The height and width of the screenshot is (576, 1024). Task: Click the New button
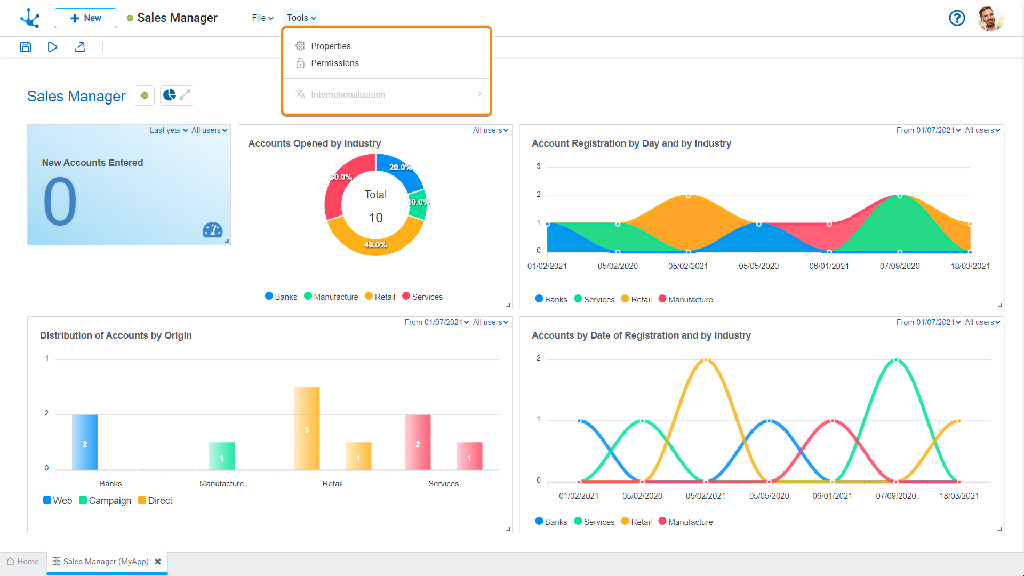[85, 18]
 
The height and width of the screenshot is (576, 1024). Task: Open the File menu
[262, 18]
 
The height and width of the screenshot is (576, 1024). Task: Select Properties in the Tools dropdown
[331, 46]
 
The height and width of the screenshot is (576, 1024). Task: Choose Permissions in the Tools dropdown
[334, 63]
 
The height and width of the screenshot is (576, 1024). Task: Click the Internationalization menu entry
[348, 95]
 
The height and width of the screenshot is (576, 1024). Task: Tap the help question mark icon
[957, 18]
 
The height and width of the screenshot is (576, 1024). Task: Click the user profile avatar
[991, 18]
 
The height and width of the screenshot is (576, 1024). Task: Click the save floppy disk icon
[26, 47]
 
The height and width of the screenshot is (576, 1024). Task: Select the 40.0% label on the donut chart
[375, 245]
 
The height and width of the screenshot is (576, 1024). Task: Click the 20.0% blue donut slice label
[400, 167]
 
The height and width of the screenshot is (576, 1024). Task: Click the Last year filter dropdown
[169, 131]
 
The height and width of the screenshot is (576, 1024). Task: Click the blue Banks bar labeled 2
[85, 442]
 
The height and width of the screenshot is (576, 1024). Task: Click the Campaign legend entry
[105, 501]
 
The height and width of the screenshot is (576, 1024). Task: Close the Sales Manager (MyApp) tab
[158, 562]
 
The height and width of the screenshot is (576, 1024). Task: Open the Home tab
[23, 562]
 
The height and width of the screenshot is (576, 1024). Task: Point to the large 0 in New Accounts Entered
[60, 202]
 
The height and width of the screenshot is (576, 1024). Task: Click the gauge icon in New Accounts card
[212, 230]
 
